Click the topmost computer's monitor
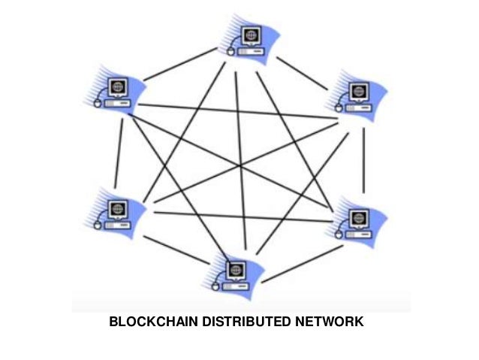[251, 35]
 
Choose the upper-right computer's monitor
[356, 92]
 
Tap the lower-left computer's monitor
[117, 208]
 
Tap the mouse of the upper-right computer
[339, 108]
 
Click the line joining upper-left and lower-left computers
[119, 150]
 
